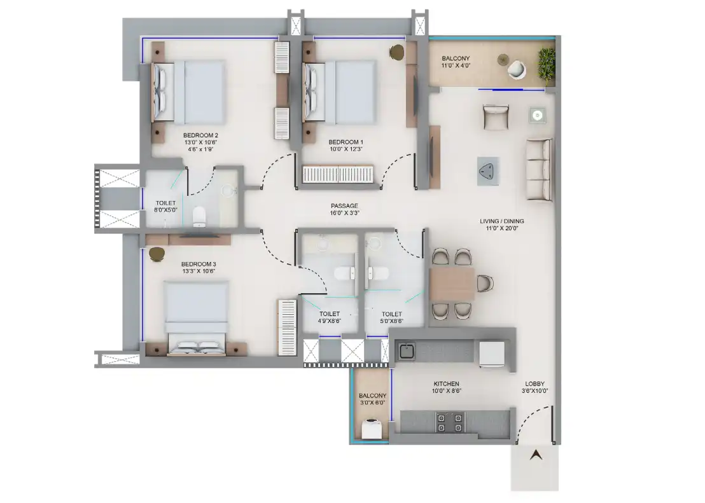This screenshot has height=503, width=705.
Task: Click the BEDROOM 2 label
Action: click(x=200, y=135)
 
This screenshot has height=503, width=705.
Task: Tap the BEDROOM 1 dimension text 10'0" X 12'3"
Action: click(x=346, y=149)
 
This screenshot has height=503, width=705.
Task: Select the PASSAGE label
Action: click(x=344, y=206)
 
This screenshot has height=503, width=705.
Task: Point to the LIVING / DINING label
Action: click(x=502, y=221)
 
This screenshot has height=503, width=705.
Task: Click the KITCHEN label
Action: click(x=447, y=384)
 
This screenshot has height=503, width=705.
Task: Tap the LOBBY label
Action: click(x=535, y=384)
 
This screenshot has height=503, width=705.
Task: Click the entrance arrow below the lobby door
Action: click(x=536, y=455)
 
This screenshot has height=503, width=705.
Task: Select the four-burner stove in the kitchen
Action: click(x=450, y=422)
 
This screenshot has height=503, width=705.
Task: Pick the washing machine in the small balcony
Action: click(x=372, y=429)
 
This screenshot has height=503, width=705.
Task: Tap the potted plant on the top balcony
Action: click(x=547, y=67)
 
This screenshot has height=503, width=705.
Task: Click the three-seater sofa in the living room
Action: click(x=539, y=170)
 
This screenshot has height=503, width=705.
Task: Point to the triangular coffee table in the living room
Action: click(x=488, y=171)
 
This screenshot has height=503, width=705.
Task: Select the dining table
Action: click(x=452, y=284)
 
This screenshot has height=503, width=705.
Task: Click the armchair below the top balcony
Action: click(x=496, y=117)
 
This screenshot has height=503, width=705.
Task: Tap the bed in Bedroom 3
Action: click(x=197, y=318)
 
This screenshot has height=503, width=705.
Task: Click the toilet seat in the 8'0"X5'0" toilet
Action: click(x=199, y=217)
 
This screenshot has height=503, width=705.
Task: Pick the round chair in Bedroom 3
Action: click(x=157, y=254)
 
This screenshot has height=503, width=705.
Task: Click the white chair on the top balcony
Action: click(x=517, y=69)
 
